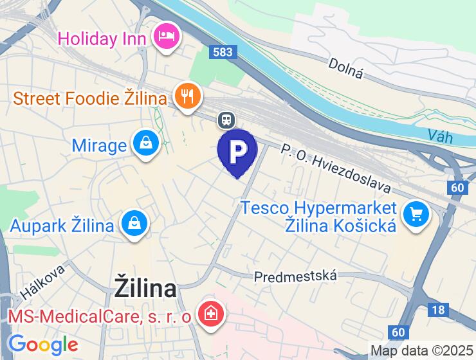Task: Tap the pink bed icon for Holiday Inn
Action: coord(167,35)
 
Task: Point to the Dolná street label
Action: coord(346,69)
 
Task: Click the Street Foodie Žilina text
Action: coord(90,99)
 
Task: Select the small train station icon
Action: coord(226,120)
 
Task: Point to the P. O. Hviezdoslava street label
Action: coord(336,168)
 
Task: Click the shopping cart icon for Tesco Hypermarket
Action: coord(416,213)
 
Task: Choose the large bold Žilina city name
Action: coord(145,287)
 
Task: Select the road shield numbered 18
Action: coord(438,310)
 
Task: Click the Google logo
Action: coord(42,345)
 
